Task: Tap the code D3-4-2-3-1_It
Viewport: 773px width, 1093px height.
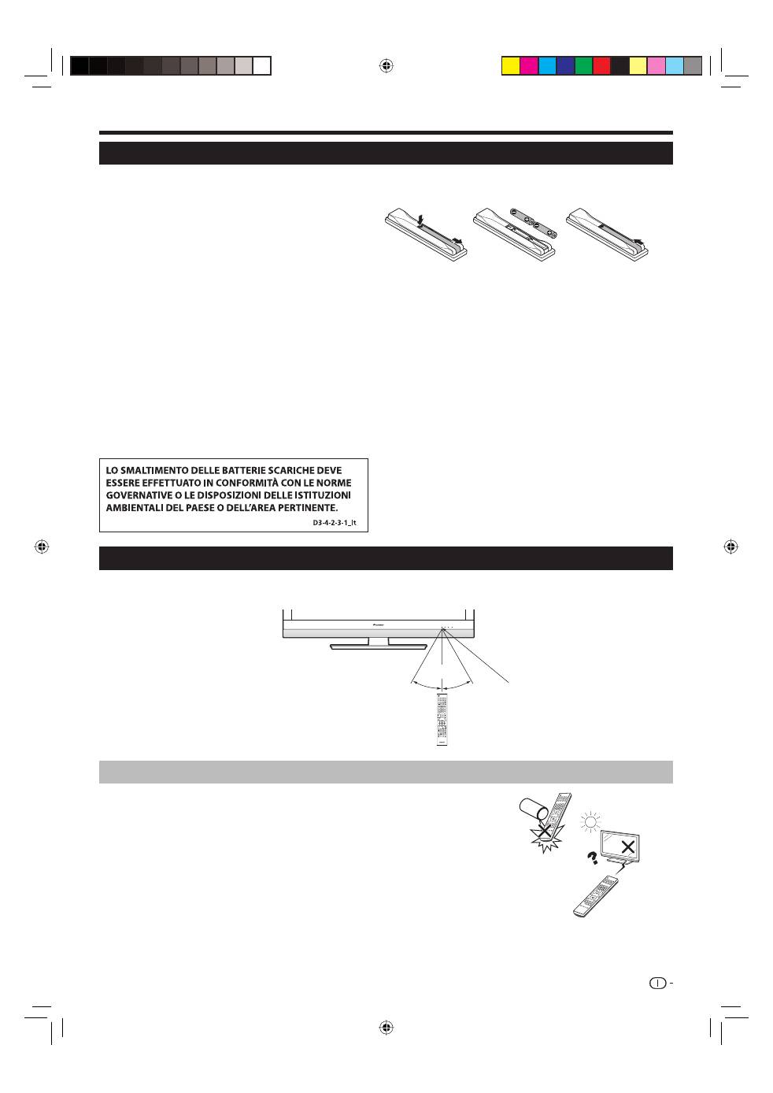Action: click(x=335, y=523)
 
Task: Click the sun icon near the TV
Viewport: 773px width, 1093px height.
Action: click(x=590, y=823)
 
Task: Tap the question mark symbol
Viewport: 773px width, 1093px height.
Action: click(x=592, y=858)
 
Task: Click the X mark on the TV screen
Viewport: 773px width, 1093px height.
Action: click(x=627, y=847)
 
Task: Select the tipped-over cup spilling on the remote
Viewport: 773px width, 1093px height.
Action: click(x=533, y=810)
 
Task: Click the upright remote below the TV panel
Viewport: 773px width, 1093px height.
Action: click(x=442, y=718)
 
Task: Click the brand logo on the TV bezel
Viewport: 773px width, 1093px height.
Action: click(x=379, y=624)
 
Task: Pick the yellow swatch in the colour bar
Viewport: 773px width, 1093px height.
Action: click(x=511, y=66)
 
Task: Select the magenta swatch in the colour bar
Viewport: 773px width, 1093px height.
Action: click(x=529, y=66)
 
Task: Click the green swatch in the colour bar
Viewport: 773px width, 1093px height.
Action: click(x=584, y=66)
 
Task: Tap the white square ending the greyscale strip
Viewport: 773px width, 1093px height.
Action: click(x=262, y=66)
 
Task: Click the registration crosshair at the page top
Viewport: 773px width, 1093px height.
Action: click(x=386, y=65)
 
